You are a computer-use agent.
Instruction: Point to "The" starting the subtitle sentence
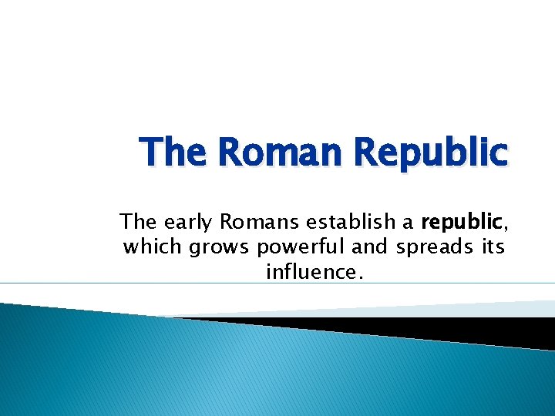(x=138, y=223)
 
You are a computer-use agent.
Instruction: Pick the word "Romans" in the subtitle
(x=260, y=223)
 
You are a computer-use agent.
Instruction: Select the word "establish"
(x=351, y=223)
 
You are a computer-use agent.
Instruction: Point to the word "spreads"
(x=439, y=249)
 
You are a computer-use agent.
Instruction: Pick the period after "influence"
(x=358, y=277)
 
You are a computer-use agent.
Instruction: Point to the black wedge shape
(x=462, y=330)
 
